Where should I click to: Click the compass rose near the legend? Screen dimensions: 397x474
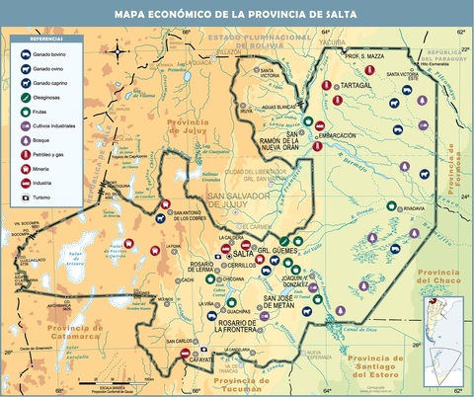118,51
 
